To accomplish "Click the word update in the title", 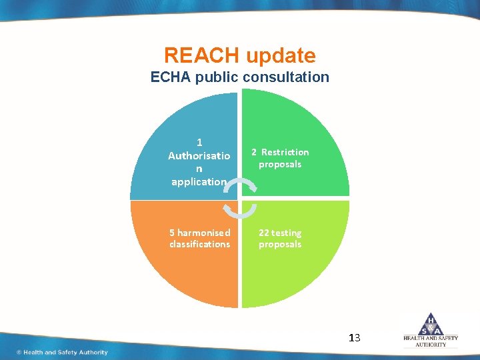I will [x=280, y=55].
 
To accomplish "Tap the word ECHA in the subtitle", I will [x=171, y=77].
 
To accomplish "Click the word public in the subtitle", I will [x=218, y=78].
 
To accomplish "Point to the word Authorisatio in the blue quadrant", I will [x=199, y=155].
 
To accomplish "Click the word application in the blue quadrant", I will [x=199, y=181].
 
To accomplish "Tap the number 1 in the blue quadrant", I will [x=199, y=142].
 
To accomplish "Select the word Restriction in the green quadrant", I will [x=285, y=152].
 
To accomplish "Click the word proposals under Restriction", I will [x=280, y=164].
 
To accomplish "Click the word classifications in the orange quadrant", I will [x=199, y=244].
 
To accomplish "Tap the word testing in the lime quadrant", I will [x=286, y=233].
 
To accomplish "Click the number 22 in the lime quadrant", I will [x=264, y=233].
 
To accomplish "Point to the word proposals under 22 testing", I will [x=280, y=244].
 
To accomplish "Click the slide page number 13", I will [x=354, y=338].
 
